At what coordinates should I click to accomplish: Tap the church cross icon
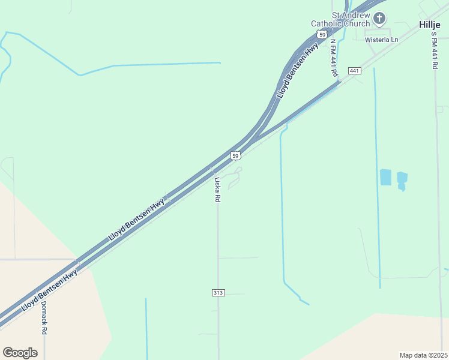click(379, 19)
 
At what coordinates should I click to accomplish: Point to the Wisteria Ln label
click(382, 40)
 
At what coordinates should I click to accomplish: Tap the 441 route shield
click(354, 71)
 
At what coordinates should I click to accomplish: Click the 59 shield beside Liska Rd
click(236, 156)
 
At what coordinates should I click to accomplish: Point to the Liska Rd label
click(218, 188)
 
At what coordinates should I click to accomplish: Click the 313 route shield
click(218, 293)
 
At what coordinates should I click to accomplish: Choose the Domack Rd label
click(44, 317)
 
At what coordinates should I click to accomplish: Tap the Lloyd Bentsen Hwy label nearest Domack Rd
click(49, 290)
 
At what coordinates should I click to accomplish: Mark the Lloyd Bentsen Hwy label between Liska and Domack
click(136, 220)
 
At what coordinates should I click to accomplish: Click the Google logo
click(20, 353)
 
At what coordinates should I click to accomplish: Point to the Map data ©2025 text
click(423, 355)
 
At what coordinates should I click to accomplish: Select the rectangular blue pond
click(385, 177)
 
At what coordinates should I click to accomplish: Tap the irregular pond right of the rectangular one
click(402, 180)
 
